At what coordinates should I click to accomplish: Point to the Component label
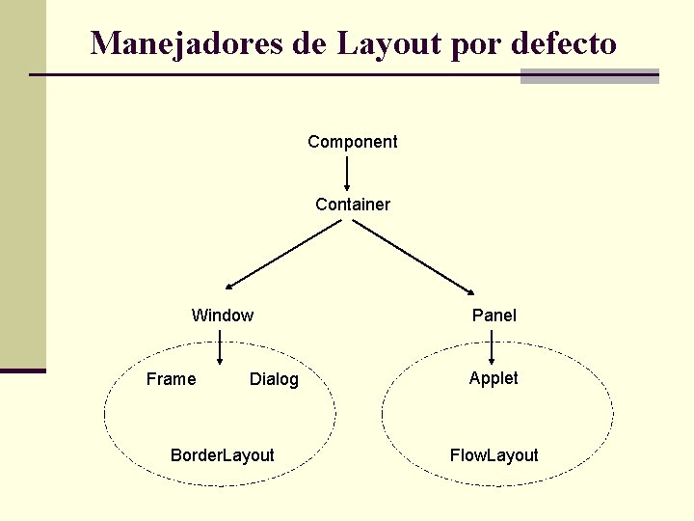(x=352, y=142)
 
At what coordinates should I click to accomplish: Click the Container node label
(x=353, y=205)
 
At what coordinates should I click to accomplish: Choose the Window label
(x=223, y=315)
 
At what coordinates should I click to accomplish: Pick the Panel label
(x=494, y=315)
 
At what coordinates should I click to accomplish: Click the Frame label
(x=171, y=379)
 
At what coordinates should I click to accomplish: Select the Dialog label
(x=274, y=380)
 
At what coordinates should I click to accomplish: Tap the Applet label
(x=494, y=378)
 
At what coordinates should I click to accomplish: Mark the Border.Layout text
(x=222, y=455)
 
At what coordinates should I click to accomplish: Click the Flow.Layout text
(x=494, y=455)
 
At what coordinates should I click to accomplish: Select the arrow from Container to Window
(x=282, y=255)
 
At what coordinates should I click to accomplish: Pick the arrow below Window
(x=221, y=348)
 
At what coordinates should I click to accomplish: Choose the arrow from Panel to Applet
(x=493, y=347)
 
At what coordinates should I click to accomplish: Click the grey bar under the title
(x=589, y=76)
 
